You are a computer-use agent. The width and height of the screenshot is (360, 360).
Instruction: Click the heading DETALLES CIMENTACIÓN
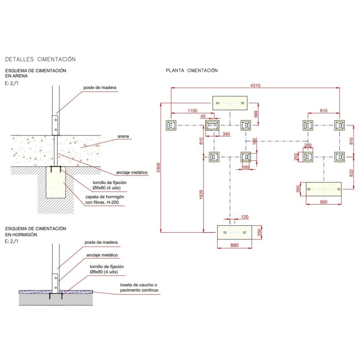click(x=40, y=59)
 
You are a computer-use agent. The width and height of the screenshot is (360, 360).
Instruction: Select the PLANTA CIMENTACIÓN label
click(x=192, y=71)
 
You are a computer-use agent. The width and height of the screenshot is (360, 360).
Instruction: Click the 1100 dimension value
click(x=192, y=111)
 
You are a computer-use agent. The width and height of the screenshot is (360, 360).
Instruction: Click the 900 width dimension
click(x=323, y=202)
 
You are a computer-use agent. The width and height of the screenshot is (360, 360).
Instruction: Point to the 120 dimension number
click(x=245, y=217)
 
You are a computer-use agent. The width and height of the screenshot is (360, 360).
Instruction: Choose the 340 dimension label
click(x=226, y=134)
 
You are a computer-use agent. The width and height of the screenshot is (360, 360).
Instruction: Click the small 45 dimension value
click(x=203, y=116)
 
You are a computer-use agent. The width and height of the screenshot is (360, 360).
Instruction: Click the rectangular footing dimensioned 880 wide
click(x=234, y=233)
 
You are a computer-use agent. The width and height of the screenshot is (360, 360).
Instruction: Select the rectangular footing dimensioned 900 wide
click(x=323, y=189)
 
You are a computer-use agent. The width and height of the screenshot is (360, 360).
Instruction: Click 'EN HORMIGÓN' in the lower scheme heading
click(x=21, y=235)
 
